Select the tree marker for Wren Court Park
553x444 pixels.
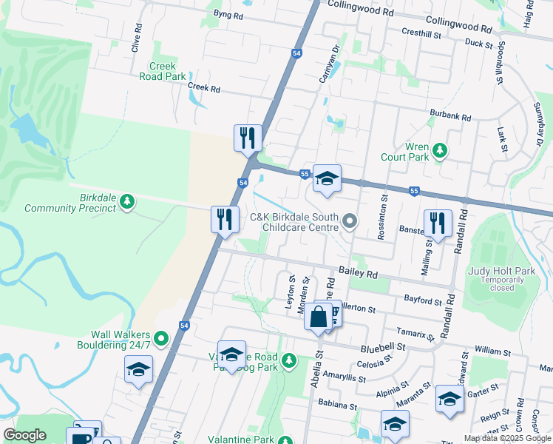point(440,151)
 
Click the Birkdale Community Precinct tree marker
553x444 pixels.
point(127,201)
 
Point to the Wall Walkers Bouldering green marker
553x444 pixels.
point(161,340)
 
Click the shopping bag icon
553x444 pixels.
point(318,317)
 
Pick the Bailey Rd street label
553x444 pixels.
point(358,274)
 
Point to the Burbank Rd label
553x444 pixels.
point(450,116)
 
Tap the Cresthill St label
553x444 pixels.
point(421,33)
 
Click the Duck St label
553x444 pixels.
point(480,44)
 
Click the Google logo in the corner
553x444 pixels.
point(24,435)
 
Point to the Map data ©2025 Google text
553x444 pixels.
point(506,438)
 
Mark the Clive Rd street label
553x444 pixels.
point(136,38)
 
